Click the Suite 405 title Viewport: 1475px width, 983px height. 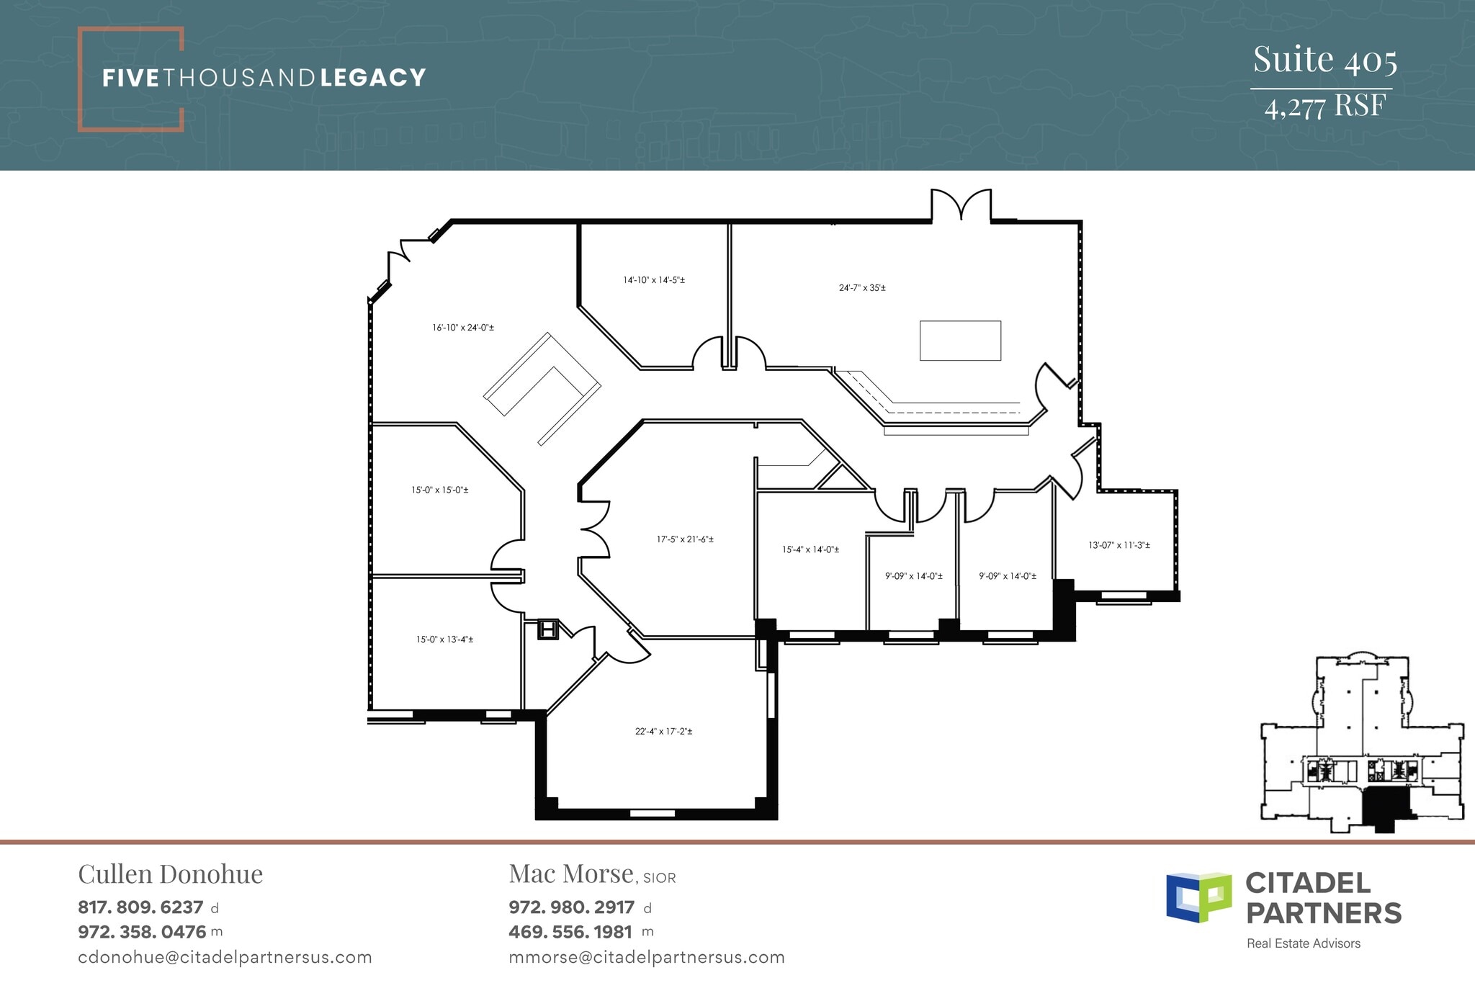(1324, 60)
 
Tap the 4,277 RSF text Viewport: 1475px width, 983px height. (1324, 107)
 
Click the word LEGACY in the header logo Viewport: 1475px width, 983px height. (373, 78)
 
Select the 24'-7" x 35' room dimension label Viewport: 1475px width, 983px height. (862, 288)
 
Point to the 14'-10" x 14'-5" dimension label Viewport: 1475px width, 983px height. (654, 280)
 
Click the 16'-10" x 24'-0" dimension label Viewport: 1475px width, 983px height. (463, 328)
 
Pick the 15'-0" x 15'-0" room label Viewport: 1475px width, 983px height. (440, 490)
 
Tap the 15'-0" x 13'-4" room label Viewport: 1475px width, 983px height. (444, 639)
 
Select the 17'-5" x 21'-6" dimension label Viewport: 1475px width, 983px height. (685, 539)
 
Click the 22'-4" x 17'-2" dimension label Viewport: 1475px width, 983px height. (663, 732)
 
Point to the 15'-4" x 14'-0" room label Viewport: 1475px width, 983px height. (810, 549)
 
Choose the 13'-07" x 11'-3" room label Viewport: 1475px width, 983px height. (1119, 545)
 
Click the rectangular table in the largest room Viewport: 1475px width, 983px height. (960, 341)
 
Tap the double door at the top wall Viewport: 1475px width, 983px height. (961, 205)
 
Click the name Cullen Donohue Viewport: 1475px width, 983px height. (171, 874)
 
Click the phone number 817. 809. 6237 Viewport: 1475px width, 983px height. (140, 907)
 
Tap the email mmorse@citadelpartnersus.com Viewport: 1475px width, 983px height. (646, 958)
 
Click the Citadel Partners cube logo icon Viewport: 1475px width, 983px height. (1198, 897)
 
